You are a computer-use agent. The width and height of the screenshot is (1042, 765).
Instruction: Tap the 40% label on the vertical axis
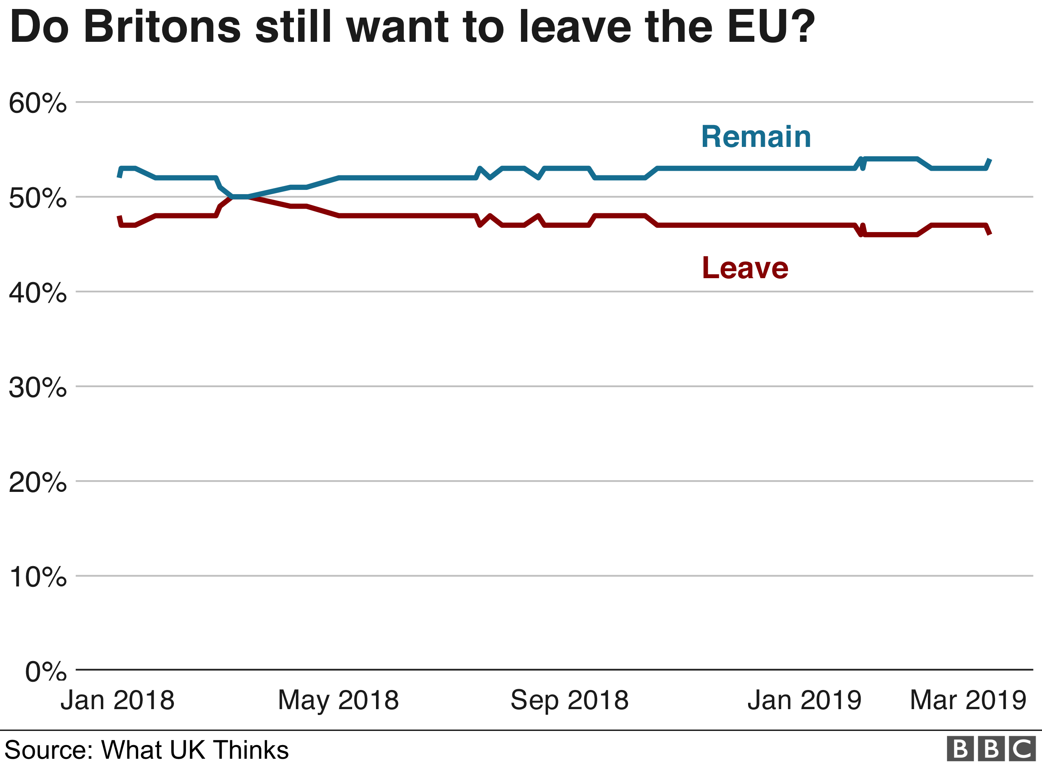tap(38, 293)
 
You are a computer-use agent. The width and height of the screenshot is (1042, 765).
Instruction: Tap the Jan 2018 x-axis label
tap(117, 700)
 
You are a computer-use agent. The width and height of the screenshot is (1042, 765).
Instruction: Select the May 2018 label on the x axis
tap(338, 700)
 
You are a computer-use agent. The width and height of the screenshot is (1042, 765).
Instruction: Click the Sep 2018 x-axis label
tap(569, 700)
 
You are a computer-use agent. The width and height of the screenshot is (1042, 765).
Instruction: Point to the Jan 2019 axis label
tap(804, 700)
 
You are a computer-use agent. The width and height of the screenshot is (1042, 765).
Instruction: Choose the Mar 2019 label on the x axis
tap(968, 700)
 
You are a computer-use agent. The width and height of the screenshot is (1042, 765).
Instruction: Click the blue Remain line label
tap(756, 137)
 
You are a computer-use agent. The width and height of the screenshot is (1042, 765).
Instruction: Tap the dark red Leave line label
tap(745, 268)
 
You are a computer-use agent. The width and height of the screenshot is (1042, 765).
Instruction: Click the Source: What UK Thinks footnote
tap(146, 750)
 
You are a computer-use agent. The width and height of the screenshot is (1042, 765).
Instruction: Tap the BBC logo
tap(991, 749)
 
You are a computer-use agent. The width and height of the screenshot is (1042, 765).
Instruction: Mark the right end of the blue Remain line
tap(990, 159)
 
